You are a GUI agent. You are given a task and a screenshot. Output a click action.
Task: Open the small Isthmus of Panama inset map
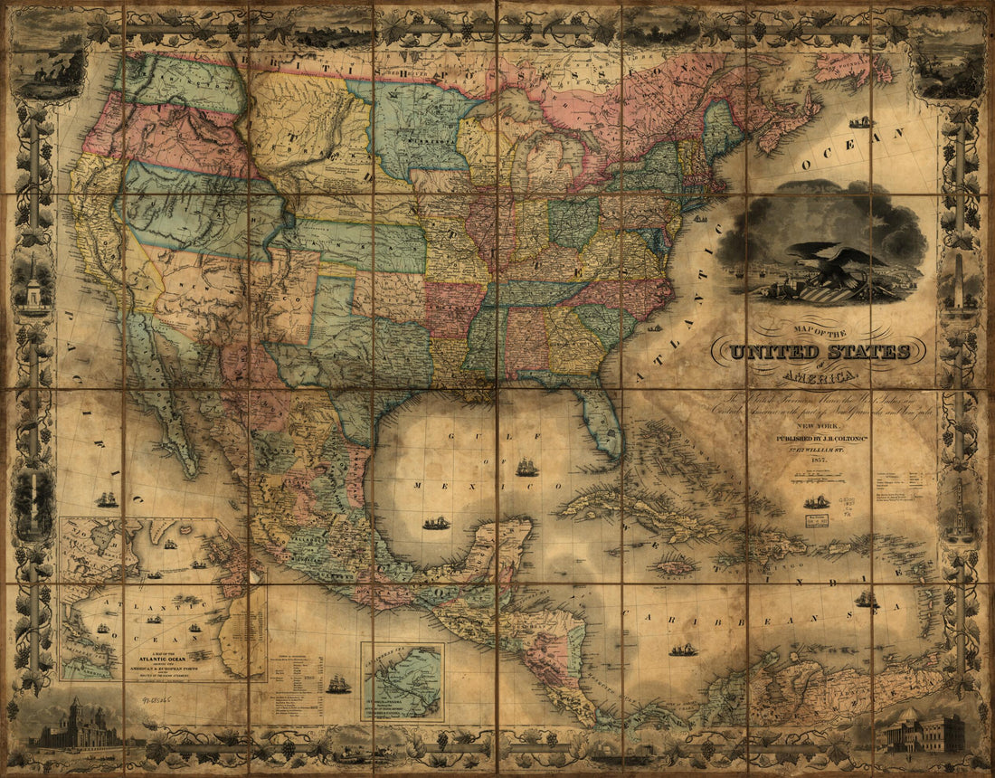point(403,681)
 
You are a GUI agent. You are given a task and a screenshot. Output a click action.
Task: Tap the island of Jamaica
point(676,566)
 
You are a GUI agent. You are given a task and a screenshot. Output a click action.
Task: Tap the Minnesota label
point(415,140)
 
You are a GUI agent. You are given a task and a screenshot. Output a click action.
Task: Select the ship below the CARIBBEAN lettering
point(683,650)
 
